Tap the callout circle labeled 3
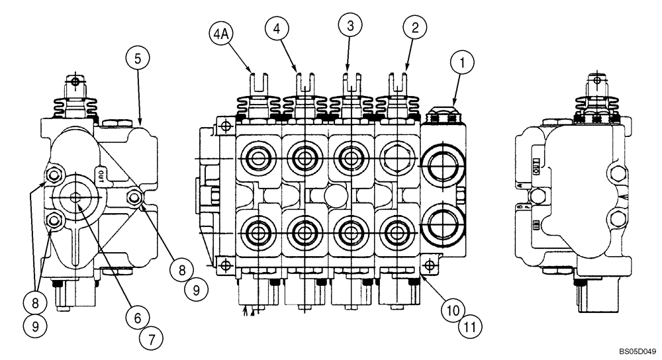[351, 26]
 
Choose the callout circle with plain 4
[279, 28]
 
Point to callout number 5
[137, 58]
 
